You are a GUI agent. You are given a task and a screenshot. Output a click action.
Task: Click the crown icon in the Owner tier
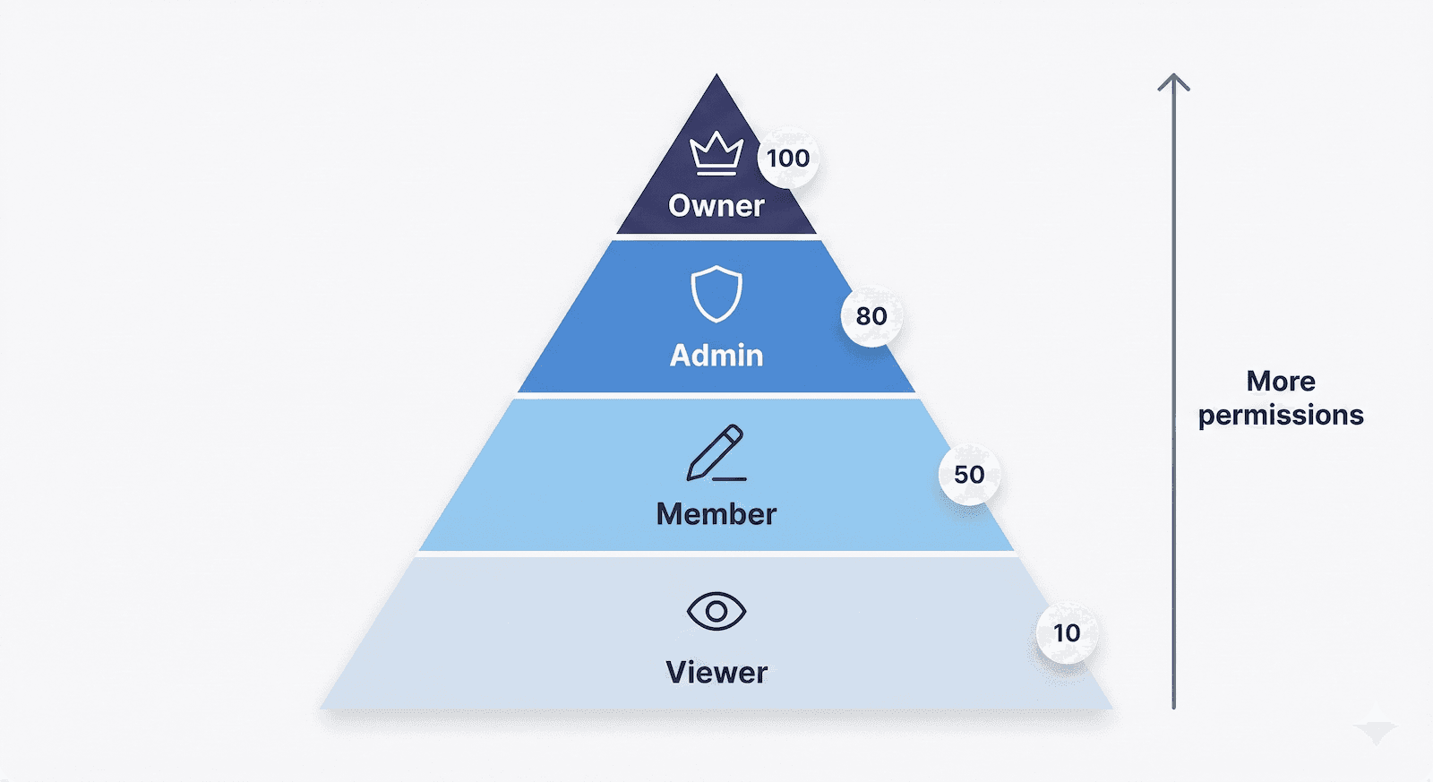coord(716,152)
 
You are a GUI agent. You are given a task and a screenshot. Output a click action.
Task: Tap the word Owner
coord(716,206)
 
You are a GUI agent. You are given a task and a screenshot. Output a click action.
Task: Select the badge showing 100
coord(788,159)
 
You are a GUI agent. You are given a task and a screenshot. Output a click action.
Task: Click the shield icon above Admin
coord(716,293)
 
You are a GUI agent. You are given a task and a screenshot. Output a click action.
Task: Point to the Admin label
coord(716,356)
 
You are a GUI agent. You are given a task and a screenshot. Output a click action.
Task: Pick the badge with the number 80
coord(871,316)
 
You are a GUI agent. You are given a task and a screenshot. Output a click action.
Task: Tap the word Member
coord(716,514)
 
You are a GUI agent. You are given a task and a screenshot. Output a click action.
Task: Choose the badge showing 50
coord(969,475)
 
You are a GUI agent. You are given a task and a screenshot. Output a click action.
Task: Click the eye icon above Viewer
coord(716,612)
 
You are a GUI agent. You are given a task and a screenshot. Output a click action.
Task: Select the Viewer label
coord(716,673)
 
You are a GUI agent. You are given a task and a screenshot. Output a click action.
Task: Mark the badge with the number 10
coord(1067,633)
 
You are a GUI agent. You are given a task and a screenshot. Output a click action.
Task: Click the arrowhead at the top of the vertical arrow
coord(1173,81)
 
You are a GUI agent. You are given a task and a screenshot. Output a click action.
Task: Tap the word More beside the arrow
coord(1281,382)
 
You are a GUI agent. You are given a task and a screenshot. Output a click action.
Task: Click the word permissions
coord(1281,416)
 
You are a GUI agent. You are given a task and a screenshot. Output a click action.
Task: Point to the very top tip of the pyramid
coord(716,76)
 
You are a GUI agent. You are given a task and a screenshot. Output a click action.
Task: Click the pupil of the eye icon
coord(716,612)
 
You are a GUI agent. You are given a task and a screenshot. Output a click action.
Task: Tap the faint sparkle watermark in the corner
coord(1376,731)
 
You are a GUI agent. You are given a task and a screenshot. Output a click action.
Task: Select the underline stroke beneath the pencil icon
coord(730,479)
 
